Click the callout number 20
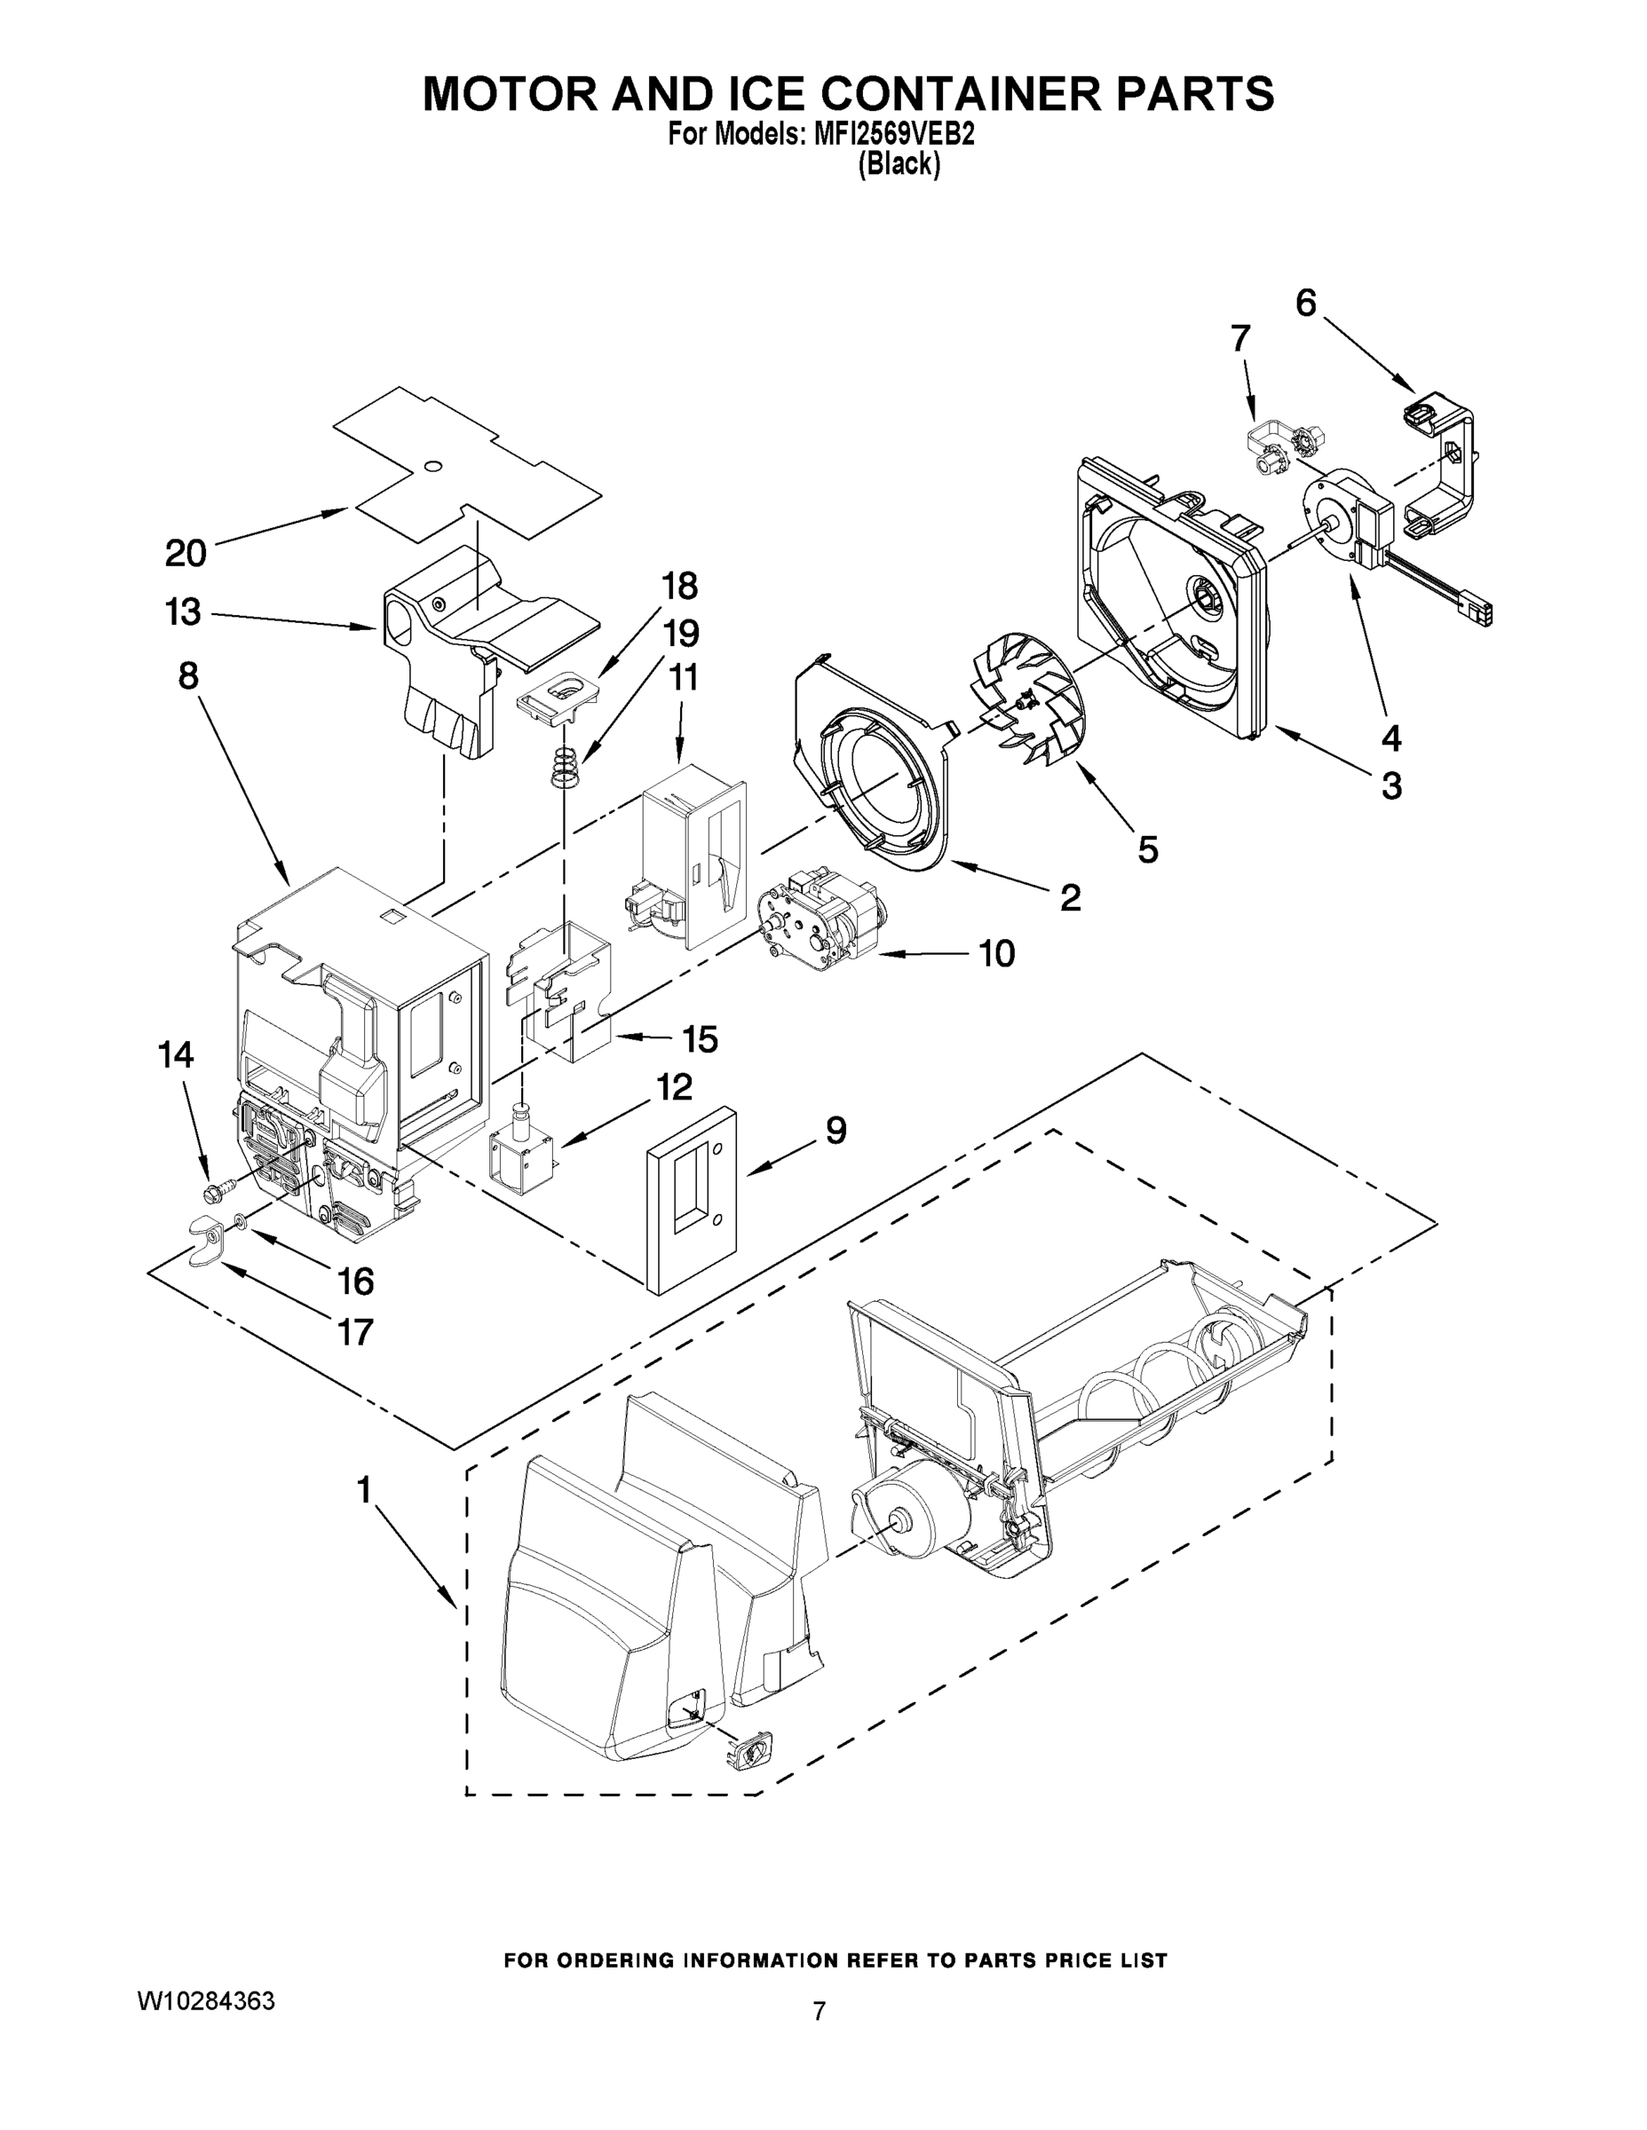click(x=186, y=553)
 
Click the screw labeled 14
click(x=218, y=1191)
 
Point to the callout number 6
click(x=1305, y=304)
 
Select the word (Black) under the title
click(x=899, y=165)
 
